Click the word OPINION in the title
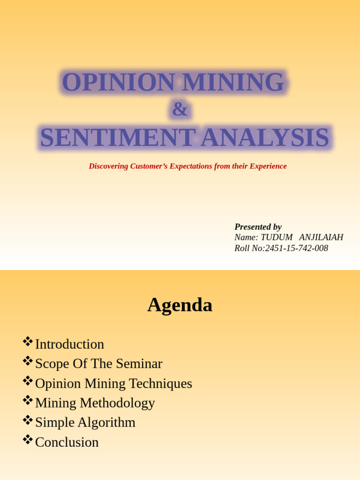pos(119,82)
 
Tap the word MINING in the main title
pos(233,82)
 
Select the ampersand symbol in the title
pos(180,109)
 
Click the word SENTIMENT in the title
pos(118,137)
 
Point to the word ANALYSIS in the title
pos(265,137)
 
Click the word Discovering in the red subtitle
pos(108,166)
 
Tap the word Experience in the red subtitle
pos(268,166)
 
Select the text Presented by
pos(258,227)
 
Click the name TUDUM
pos(277,237)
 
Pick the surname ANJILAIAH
pos(321,237)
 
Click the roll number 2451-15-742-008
pos(297,248)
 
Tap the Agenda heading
pos(180,305)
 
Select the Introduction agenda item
pos(69,344)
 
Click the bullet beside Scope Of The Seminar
pos(28,361)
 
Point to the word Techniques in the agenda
pos(161,383)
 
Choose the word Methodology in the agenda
pos(117,403)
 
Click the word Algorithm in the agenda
pos(106,422)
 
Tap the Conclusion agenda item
pos(67,442)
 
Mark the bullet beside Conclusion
pos(28,439)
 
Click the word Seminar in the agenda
pos(139,364)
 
